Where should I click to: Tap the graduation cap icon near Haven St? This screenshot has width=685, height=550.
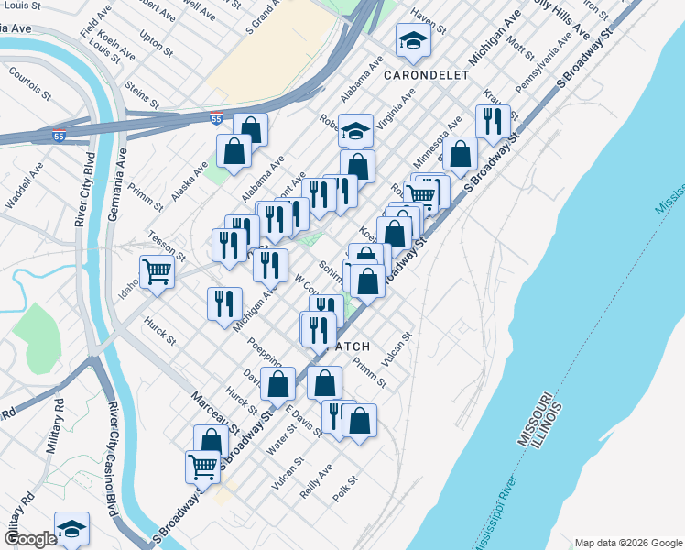[413, 39]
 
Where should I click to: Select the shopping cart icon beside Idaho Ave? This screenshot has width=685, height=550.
[158, 272]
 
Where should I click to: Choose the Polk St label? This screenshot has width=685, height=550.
[345, 487]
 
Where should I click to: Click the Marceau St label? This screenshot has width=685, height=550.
[215, 413]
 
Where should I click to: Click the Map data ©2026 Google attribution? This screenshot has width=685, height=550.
[626, 543]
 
